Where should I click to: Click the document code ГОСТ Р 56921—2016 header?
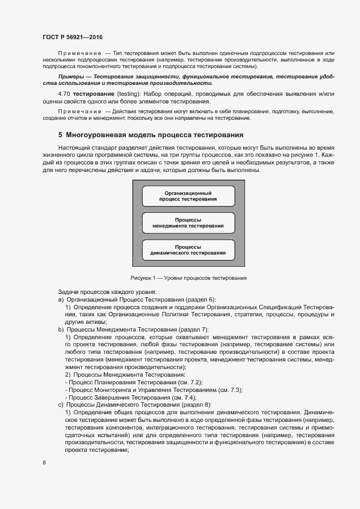coord(72,36)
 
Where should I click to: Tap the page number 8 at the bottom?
coord(44,463)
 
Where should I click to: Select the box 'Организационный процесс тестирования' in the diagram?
coord(188,196)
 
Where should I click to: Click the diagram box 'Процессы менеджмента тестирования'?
coord(188,223)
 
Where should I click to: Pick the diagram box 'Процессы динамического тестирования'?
coord(188,250)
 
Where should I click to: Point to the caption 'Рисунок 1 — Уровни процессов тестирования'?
coord(188,278)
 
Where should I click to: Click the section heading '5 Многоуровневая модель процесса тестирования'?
coord(150,135)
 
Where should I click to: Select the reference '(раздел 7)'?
coord(187,330)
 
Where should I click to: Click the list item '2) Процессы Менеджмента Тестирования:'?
coord(125,375)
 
